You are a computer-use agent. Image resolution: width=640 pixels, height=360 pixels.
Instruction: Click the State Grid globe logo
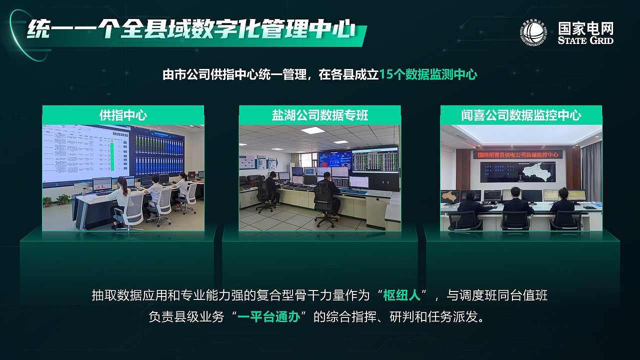click(x=533, y=33)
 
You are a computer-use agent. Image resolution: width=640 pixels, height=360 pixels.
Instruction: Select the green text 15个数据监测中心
click(x=428, y=75)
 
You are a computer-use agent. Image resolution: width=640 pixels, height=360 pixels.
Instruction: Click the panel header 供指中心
click(x=123, y=115)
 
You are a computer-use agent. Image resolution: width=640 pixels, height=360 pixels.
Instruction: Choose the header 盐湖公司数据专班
click(x=320, y=115)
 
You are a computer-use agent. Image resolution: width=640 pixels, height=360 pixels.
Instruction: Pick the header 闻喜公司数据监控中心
click(x=521, y=115)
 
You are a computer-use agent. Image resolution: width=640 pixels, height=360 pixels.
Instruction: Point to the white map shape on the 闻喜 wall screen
click(x=533, y=173)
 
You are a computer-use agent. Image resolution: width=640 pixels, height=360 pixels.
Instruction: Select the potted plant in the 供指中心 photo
click(x=62, y=200)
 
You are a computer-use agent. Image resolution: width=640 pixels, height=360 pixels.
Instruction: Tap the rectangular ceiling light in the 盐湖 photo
click(x=312, y=130)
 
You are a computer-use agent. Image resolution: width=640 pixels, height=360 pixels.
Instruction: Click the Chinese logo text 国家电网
click(x=585, y=28)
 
